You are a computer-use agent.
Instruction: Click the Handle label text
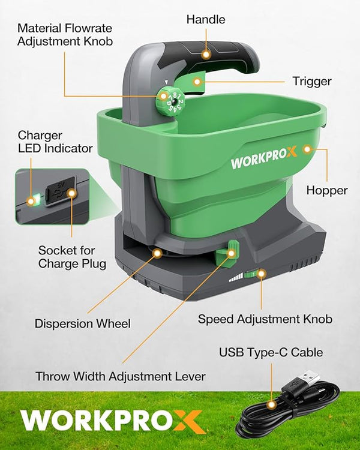coord(205,20)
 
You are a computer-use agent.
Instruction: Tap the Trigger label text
coord(312,81)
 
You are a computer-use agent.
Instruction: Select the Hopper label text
coord(327,190)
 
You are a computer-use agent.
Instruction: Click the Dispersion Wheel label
coord(82,323)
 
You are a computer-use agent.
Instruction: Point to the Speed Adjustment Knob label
coord(265,319)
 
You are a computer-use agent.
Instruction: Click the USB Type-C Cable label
coord(271,352)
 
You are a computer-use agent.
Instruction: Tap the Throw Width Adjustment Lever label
coord(121,377)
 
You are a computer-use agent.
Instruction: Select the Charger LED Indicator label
coord(55,142)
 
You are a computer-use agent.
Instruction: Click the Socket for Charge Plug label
coord(73,256)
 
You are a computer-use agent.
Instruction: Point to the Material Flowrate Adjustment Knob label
coord(65,35)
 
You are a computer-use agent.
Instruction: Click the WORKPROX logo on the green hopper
coord(264,163)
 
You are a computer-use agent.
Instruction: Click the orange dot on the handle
coord(206,54)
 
